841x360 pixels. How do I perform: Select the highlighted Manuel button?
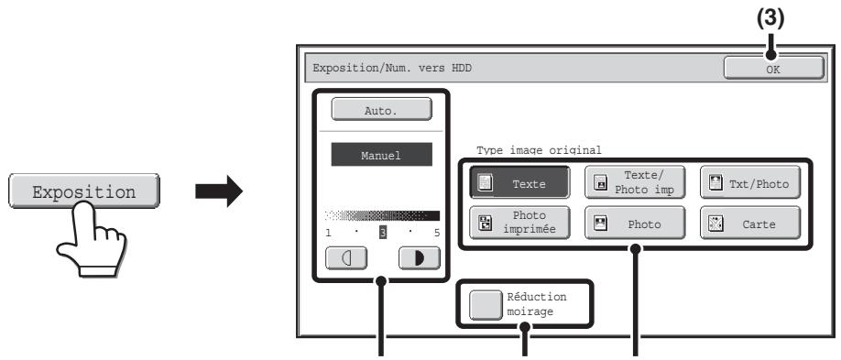[381, 155]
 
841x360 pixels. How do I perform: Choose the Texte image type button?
[519, 182]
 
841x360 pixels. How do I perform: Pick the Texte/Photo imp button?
[635, 182]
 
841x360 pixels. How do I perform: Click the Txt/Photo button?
[750, 182]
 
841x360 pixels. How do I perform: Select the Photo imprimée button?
[519, 223]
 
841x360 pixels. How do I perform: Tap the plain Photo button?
[635, 223]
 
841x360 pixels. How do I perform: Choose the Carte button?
[750, 223]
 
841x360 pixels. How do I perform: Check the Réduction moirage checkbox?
[486, 304]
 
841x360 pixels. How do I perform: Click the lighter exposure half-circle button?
[346, 258]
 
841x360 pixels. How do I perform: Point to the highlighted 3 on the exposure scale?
[383, 233]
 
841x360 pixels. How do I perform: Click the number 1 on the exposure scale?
[328, 233]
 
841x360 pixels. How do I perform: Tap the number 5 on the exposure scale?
[437, 233]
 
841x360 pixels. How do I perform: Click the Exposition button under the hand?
[84, 191]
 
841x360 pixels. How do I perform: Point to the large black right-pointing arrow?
[219, 191]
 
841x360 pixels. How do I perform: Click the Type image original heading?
[539, 150]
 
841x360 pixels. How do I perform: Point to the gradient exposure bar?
[382, 215]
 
